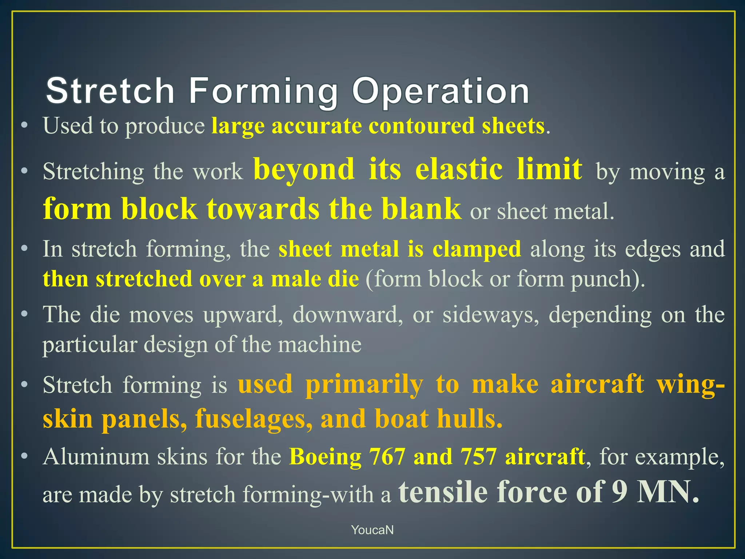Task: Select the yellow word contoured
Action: click(422, 126)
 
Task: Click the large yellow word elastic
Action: click(459, 169)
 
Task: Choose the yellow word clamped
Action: click(477, 249)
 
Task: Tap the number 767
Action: click(387, 456)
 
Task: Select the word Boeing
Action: click(325, 456)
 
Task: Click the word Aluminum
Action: click(96, 456)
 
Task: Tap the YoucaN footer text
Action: click(372, 530)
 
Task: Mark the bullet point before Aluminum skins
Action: click(24, 456)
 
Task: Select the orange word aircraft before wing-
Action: click(597, 384)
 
